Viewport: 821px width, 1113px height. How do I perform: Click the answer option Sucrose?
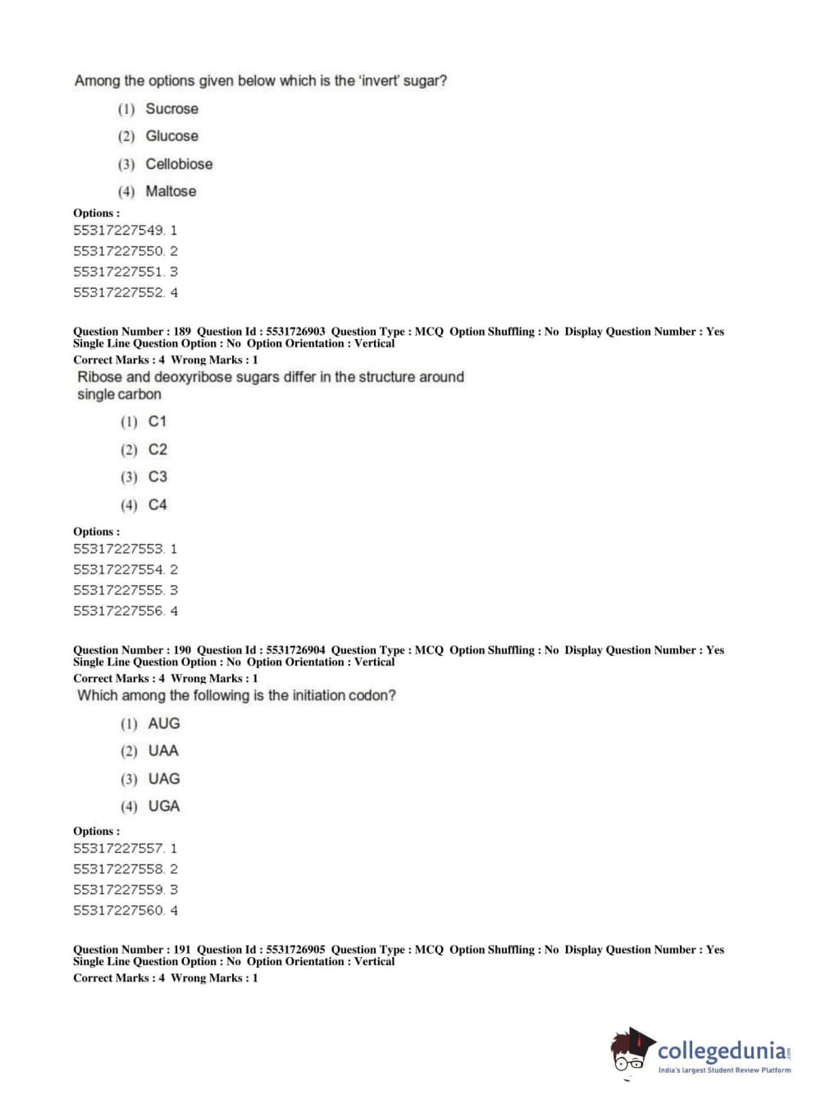[171, 108]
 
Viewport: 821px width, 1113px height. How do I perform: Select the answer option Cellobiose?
[179, 164]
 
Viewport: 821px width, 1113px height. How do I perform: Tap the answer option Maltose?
[171, 191]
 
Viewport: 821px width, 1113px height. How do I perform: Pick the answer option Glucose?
[171, 136]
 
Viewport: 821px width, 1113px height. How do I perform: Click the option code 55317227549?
[118, 231]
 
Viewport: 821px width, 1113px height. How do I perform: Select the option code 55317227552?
[118, 292]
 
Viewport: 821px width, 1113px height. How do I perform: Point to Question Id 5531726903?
[294, 332]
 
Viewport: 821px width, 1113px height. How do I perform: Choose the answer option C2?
[157, 450]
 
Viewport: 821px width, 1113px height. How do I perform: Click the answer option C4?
[157, 505]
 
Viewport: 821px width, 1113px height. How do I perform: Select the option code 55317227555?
[118, 590]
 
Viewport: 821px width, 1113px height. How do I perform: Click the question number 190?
[182, 650]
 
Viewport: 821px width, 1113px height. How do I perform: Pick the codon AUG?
[164, 724]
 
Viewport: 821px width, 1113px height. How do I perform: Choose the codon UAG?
[164, 779]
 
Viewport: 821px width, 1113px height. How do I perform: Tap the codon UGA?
[164, 807]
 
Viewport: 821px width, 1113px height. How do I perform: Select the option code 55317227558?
[118, 869]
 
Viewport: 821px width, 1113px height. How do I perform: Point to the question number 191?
[182, 950]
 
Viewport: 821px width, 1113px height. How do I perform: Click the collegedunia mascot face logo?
[631, 1050]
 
